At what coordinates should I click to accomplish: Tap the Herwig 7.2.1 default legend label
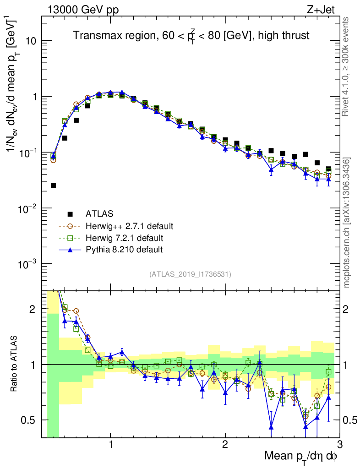(x=125, y=238)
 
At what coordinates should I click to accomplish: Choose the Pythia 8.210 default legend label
(x=124, y=250)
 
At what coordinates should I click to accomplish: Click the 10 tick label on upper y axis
(x=31, y=41)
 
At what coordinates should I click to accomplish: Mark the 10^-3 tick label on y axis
(x=28, y=265)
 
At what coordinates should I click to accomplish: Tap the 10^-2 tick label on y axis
(x=28, y=209)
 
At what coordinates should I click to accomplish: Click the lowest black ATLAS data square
(x=53, y=185)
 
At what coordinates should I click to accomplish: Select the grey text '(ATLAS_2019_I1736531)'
(x=190, y=274)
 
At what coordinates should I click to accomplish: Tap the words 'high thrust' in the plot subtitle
(x=286, y=35)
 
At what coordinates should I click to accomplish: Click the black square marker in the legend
(x=70, y=214)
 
